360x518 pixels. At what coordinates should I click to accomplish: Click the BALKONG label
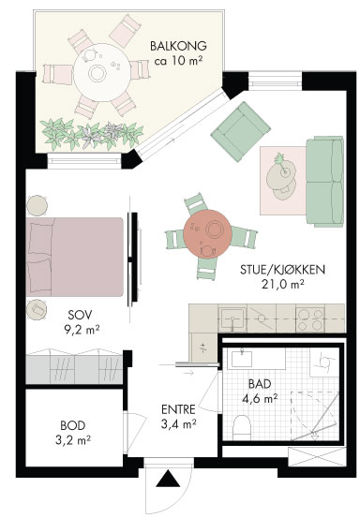point(178,46)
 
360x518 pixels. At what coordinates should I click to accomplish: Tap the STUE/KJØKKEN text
point(282,270)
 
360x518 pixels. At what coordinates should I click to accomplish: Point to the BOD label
point(73,425)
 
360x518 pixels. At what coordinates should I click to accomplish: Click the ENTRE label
point(178,409)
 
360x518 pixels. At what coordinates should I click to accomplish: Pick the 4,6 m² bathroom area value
point(260,398)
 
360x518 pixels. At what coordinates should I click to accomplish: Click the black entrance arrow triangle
point(168,479)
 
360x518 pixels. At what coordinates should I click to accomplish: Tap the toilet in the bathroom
point(242,427)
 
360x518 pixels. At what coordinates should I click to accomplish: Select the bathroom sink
point(242,359)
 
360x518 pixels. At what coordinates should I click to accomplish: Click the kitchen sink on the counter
point(232,318)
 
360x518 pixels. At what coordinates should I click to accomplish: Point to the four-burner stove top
point(309,318)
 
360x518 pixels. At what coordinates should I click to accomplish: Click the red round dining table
point(207,234)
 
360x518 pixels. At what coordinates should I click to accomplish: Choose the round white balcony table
point(101,73)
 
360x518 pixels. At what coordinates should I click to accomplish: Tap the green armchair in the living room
point(241,131)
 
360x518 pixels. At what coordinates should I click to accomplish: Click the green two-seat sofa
point(324,182)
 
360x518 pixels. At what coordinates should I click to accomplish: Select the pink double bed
point(75,257)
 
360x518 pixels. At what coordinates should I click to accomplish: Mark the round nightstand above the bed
point(37,205)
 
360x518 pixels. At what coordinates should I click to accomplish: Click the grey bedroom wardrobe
point(74,369)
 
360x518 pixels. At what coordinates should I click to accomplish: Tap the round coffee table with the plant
point(281,175)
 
